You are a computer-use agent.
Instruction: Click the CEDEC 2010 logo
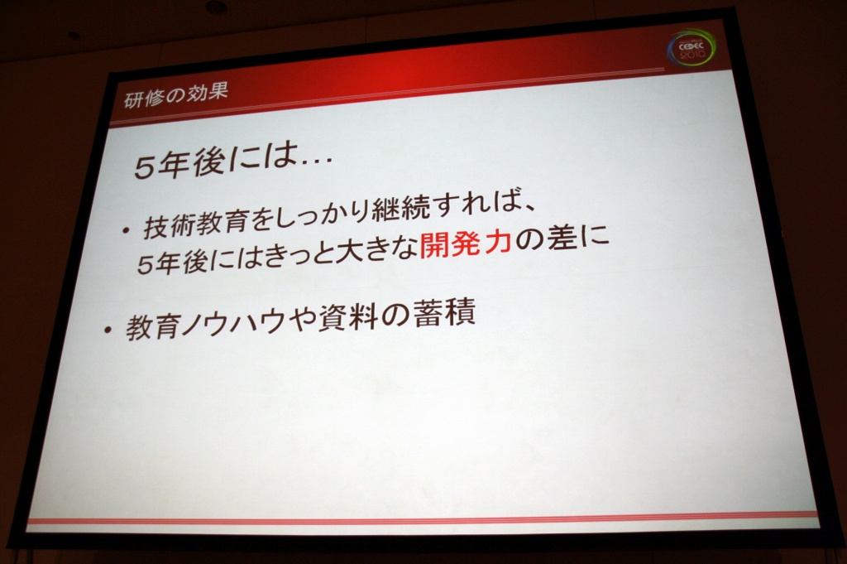point(693,46)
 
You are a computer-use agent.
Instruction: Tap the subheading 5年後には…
point(232,162)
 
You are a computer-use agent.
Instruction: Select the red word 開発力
point(466,244)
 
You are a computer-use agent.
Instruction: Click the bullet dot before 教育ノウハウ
point(108,330)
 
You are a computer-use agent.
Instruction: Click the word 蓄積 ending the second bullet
point(444,312)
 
